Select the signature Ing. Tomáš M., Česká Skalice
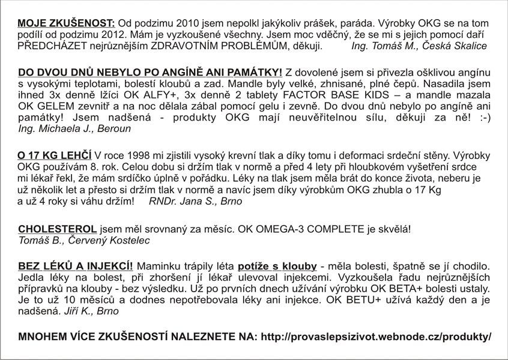[x=419, y=46]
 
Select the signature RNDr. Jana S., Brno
[x=195, y=201]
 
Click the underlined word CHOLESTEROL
[x=58, y=229]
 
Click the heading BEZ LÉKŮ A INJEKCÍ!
[x=76, y=266]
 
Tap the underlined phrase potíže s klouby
[x=277, y=266]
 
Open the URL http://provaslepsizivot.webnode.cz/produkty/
[x=376, y=337]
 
